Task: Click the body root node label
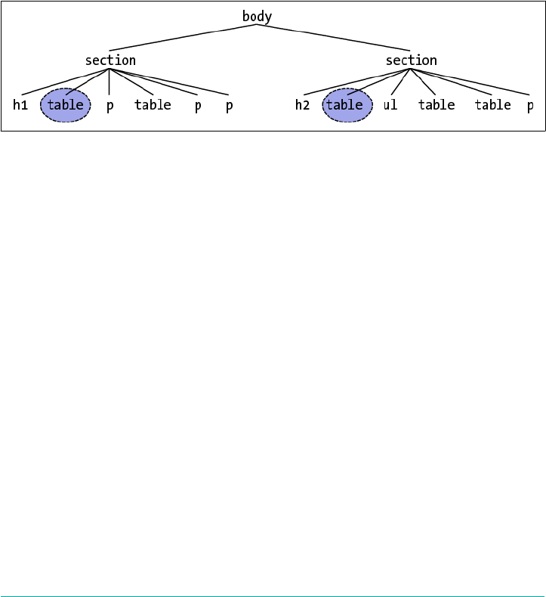point(257,17)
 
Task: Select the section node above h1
point(110,60)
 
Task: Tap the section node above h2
point(411,60)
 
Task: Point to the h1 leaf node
point(20,105)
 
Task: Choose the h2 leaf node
point(302,105)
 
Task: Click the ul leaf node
point(390,105)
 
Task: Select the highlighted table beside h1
point(65,105)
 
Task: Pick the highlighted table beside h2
point(347,105)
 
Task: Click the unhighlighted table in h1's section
point(153,105)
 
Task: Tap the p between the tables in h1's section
point(110,105)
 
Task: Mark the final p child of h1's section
point(229,105)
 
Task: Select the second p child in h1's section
point(198,105)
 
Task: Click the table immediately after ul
point(436,105)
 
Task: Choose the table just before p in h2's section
point(493,105)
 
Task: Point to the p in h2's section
point(530,105)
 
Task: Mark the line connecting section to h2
point(356,82)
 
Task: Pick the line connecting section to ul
point(400,82)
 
